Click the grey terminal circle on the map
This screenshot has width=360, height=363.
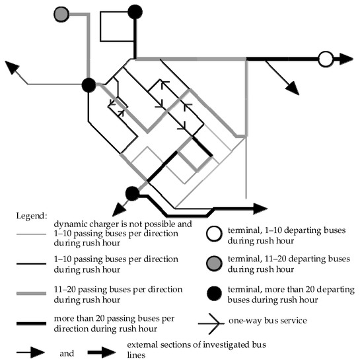[61, 15]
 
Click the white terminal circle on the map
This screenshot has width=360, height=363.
[326, 59]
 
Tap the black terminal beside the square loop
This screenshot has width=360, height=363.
[135, 12]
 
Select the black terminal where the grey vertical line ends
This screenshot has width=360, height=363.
[89, 85]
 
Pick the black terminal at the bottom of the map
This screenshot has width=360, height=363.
[132, 193]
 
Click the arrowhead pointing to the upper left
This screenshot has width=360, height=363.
[12, 67]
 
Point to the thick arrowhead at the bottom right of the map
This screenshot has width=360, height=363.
[261, 209]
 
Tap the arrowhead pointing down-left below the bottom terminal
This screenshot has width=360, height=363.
[119, 209]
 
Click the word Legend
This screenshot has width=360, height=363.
[32, 216]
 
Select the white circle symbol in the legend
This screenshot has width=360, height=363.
[214, 234]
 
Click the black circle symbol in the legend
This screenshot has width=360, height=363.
[214, 293]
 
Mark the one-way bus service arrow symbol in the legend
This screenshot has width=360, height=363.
[211, 323]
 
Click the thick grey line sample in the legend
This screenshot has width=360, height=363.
[31, 293]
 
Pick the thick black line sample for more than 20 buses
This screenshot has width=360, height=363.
[31, 323]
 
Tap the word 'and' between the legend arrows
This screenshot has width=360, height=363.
[67, 353]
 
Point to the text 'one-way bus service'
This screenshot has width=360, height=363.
[268, 321]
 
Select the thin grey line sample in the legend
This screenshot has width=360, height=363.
[31, 234]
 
